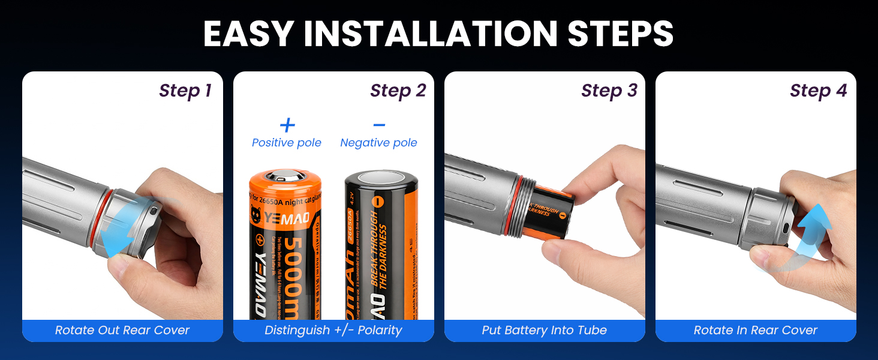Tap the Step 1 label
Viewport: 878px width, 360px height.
pos(185,91)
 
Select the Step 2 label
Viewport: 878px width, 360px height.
pos(398,91)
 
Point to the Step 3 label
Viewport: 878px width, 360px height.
pos(609,91)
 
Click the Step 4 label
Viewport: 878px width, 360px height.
pos(818,91)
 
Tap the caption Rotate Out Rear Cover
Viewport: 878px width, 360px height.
pos(122,331)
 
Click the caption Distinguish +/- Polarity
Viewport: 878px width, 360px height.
pos(333,331)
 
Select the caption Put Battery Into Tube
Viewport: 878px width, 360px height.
pos(544,331)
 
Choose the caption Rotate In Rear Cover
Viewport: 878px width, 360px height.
pos(755,331)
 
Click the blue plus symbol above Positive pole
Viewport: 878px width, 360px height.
pos(287,125)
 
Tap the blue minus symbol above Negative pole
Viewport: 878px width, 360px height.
pos(379,125)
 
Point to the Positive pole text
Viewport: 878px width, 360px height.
pos(287,143)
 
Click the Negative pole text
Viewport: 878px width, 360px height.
pos(378,143)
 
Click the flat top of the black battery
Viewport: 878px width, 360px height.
pos(381,178)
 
